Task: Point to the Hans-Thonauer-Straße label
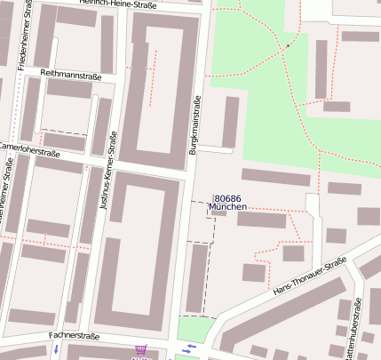[309, 278]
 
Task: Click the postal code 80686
[227, 198]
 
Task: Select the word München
[227, 207]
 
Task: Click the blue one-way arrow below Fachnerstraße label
[56, 350]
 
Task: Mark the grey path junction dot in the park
[288, 44]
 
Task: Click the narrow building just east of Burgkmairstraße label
[230, 121]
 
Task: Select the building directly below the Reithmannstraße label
[68, 89]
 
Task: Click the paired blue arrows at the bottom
[187, 348]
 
